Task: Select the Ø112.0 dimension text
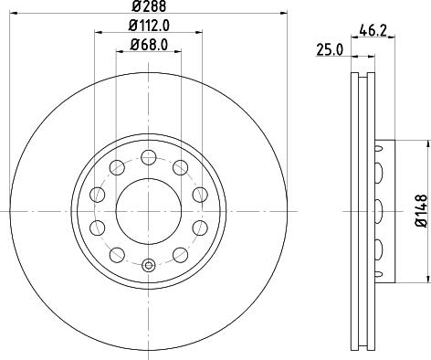(148, 27)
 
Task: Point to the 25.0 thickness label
(329, 50)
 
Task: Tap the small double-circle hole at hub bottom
(148, 266)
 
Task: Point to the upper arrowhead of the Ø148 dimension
(426, 144)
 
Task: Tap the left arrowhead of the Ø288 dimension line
(16, 16)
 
